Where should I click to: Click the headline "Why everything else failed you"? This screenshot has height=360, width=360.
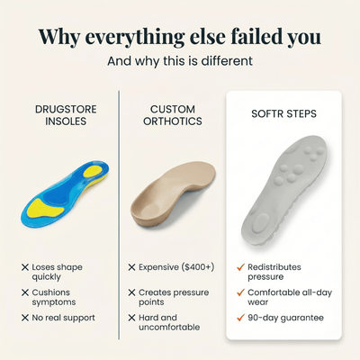[x=180, y=36]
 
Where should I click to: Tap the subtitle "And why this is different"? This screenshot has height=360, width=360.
[x=180, y=62]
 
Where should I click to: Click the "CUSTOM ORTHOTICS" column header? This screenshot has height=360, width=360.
[x=173, y=115]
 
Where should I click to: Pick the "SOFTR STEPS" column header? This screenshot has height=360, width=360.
[x=283, y=114]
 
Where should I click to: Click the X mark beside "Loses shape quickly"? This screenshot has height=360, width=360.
[x=24, y=267]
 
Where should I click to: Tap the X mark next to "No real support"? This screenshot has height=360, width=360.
[x=24, y=318]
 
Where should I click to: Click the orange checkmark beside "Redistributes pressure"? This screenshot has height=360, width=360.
[x=240, y=267]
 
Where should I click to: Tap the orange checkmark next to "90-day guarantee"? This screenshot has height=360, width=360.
[x=240, y=318]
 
